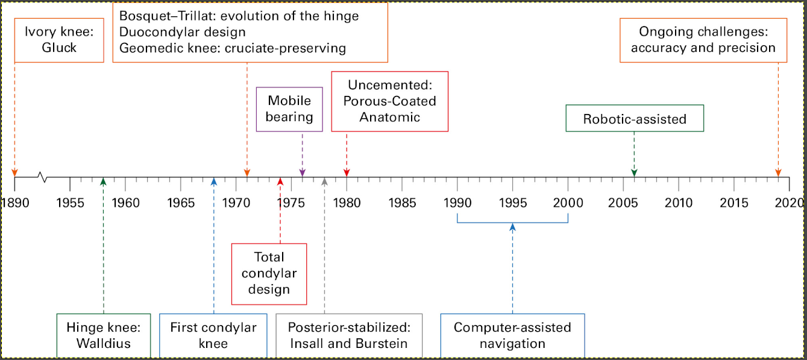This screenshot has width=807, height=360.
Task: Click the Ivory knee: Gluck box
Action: pyautogui.click(x=59, y=40)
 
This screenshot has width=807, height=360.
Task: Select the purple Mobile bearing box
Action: pyautogui.click(x=289, y=109)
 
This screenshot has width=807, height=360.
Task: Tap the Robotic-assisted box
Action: pyautogui.click(x=635, y=118)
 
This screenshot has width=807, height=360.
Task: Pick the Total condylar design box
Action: pyautogui.click(x=269, y=274)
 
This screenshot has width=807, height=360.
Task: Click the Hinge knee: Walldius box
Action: pyautogui.click(x=104, y=335)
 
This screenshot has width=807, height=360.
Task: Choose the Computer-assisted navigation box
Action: pyautogui.click(x=512, y=335)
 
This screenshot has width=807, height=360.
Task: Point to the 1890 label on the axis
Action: pyautogui.click(x=15, y=203)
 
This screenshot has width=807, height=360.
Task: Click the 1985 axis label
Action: pyautogui.click(x=402, y=203)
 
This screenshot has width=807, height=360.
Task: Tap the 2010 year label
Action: pyautogui.click(x=679, y=203)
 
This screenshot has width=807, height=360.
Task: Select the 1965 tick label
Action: pyautogui.click(x=180, y=203)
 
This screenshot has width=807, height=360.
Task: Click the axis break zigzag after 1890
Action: pyautogui.click(x=43, y=177)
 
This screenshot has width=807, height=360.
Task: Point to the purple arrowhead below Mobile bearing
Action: pyautogui.click(x=303, y=172)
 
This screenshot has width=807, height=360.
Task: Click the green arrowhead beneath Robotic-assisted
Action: pyautogui.click(x=634, y=172)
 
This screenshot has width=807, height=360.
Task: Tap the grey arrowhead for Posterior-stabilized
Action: pyautogui.click(x=324, y=182)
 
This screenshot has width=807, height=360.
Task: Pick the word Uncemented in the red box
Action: pyautogui.click(x=390, y=85)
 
